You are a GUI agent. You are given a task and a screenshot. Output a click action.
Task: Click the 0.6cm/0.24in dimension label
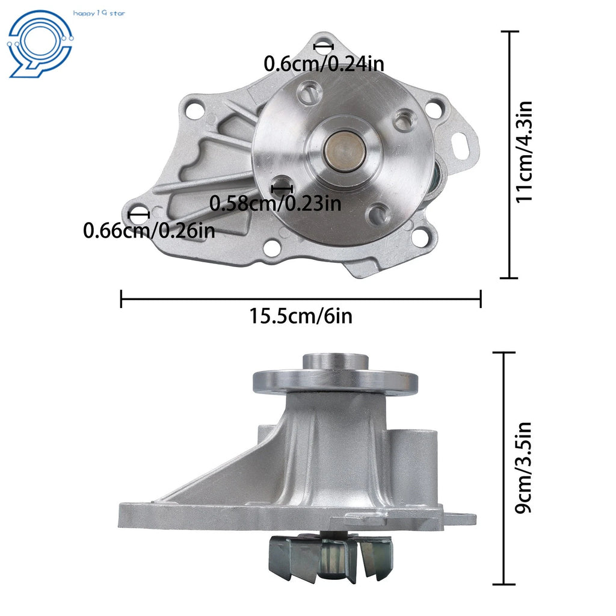(x=324, y=64)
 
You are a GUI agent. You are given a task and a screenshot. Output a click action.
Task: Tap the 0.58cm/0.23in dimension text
(x=275, y=203)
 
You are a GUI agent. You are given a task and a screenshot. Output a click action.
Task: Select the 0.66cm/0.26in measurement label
(x=149, y=230)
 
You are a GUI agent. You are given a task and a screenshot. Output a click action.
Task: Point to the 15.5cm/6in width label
(x=301, y=316)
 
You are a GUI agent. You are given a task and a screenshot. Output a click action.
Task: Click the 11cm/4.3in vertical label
(x=524, y=152)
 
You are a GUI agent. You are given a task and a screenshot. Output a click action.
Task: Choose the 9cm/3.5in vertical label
(x=523, y=468)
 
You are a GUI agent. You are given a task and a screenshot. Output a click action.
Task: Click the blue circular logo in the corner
(x=40, y=43)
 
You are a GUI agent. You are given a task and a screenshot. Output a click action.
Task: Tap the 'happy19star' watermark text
(x=99, y=13)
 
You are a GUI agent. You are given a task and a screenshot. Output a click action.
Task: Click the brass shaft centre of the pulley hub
(x=345, y=151)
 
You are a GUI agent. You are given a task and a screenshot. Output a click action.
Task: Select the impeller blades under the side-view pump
(x=331, y=558)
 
